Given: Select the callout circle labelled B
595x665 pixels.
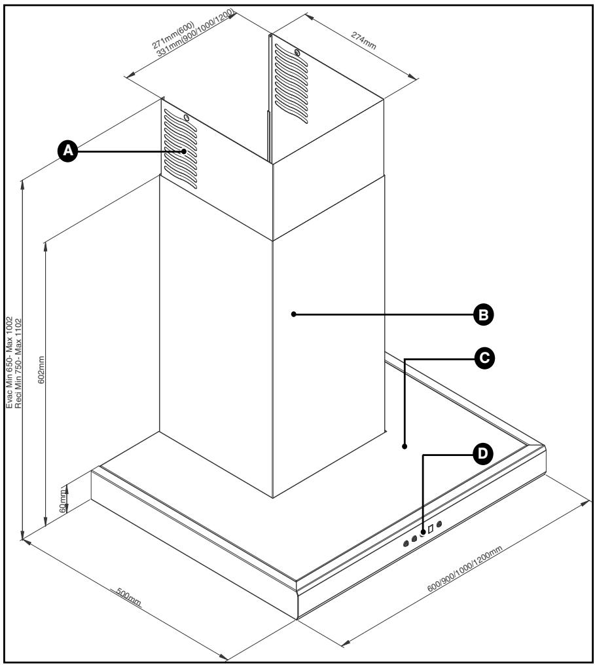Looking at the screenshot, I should coord(484,314).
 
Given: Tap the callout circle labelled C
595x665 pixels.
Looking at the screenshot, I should coord(484,358).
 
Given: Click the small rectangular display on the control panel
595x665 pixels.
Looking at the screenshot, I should coord(430,528).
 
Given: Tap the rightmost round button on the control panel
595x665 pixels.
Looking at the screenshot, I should coord(439,523).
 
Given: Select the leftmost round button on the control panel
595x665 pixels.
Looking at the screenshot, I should coord(406,543).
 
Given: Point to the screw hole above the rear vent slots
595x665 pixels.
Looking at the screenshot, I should coord(297,52).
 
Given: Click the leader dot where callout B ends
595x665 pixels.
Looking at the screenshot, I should coord(294,314).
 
